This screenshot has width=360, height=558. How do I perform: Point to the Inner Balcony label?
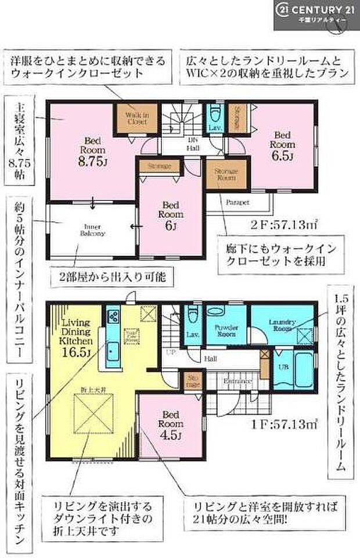coord(93,230)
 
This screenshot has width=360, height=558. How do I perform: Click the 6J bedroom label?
coord(170,215)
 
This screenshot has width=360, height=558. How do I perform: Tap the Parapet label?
coord(237,203)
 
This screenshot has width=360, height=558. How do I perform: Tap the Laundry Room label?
coord(283,326)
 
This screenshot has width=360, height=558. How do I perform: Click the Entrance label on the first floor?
coord(238,381)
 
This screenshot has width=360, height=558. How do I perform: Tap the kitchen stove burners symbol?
coord(112,318)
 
